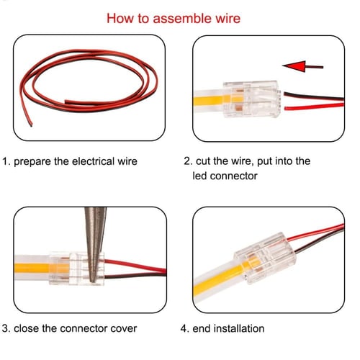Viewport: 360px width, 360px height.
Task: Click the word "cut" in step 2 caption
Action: click(x=206, y=161)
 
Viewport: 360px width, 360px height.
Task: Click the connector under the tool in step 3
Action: click(x=79, y=264)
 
